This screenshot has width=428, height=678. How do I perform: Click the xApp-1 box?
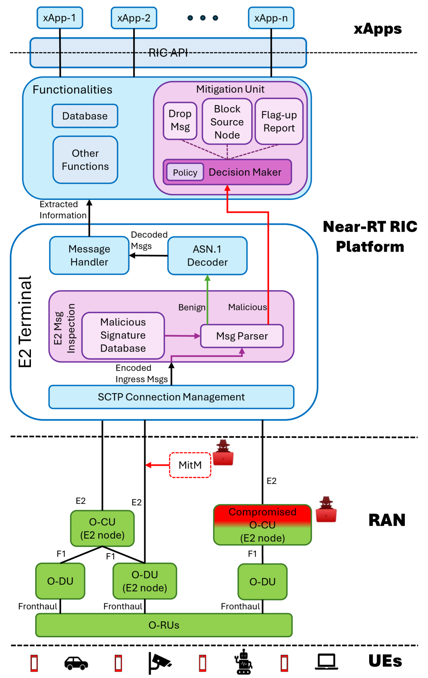point(60,18)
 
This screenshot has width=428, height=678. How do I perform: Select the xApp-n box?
point(271,18)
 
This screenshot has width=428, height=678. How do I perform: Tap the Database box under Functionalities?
point(85,116)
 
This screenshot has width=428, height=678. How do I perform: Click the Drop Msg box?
point(180,121)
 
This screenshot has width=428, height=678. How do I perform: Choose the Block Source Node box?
point(227,122)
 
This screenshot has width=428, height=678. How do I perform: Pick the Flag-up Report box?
point(279,122)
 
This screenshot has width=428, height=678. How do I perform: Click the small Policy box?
point(185,172)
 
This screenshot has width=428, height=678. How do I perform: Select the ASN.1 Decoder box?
point(207,256)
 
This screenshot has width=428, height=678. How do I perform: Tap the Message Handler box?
point(89,256)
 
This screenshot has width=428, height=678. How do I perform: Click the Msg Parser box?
point(242,336)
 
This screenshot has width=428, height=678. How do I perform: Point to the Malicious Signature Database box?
point(123,335)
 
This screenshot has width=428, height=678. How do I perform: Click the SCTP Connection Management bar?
point(171,397)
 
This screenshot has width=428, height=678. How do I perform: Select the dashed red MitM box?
point(190,465)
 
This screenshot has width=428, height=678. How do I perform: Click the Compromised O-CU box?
point(262,525)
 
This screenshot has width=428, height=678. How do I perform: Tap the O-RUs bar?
point(164,625)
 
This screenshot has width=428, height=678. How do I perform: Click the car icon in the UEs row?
point(76,663)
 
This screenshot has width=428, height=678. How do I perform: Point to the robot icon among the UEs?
point(243,662)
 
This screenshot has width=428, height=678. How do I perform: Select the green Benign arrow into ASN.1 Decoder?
point(207,300)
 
